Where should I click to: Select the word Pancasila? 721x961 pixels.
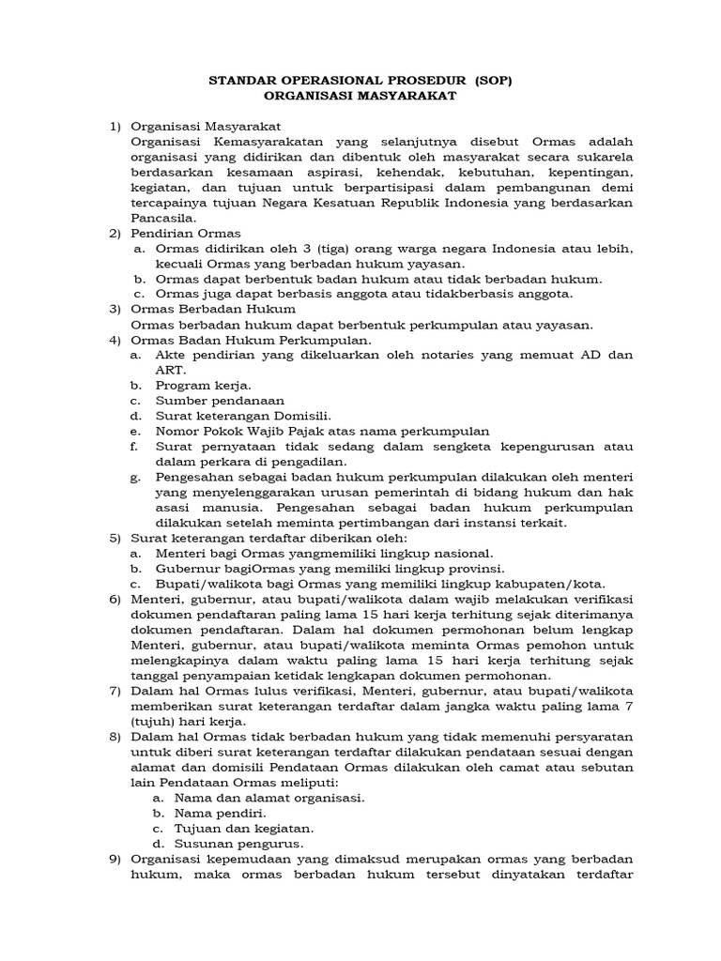pyautogui.click(x=164, y=217)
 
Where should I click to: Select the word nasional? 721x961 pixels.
pyautogui.click(x=462, y=554)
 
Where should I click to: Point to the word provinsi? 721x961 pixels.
pyautogui.click(x=471, y=569)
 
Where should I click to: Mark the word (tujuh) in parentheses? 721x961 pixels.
pyautogui.click(x=154, y=722)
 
